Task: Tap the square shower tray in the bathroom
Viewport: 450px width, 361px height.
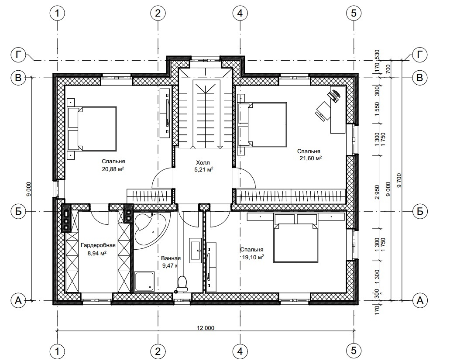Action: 144,281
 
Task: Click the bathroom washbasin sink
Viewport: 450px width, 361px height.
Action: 196,250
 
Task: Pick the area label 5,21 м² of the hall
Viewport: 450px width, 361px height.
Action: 204,170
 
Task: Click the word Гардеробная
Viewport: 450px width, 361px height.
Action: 98,245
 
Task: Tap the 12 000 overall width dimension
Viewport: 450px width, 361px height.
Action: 206,328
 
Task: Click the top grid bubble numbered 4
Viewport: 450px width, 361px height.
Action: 240,13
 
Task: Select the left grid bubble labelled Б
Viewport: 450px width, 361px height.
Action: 18,211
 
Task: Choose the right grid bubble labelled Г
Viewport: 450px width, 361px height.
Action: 420,55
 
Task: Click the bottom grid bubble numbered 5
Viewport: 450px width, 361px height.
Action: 354,351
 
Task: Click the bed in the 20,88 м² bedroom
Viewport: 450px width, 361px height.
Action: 92,129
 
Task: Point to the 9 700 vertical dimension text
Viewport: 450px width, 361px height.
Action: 398,180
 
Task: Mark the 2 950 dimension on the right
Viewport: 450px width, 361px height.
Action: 377,192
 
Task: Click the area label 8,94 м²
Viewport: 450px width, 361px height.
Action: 97,253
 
